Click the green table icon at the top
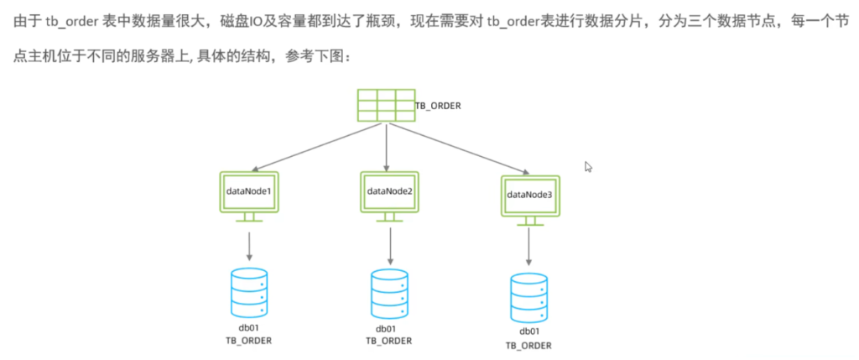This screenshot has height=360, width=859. tap(385, 106)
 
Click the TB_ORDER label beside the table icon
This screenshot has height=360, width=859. tap(438, 107)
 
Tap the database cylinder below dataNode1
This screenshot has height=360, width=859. tap(249, 290)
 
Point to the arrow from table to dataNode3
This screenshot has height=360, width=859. tap(457, 149)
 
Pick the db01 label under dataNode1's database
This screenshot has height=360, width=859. tap(249, 327)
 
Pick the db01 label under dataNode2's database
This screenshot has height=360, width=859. tap(388, 329)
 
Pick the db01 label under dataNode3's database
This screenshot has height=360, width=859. tap(528, 332)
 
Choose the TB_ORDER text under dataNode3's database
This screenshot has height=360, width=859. tap(528, 345)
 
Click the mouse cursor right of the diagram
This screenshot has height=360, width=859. tap(589, 166)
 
